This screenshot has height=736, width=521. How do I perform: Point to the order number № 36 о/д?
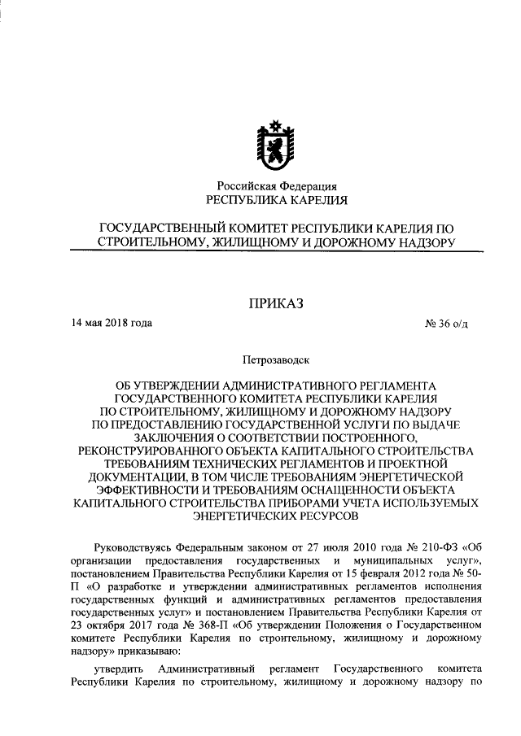(446, 324)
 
